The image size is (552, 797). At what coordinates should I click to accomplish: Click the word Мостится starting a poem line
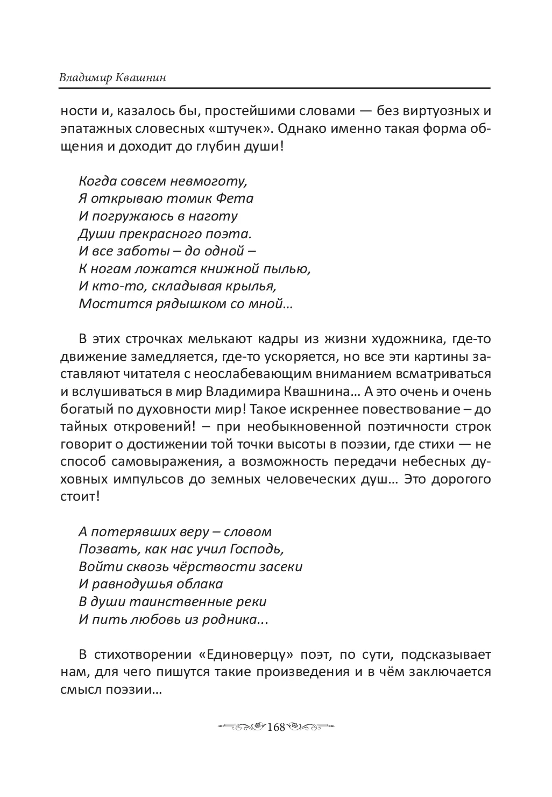[108, 303]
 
